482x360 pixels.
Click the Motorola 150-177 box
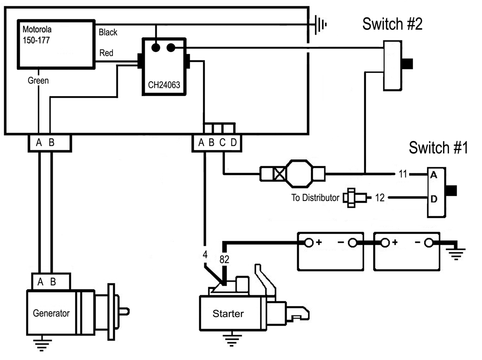point(56,44)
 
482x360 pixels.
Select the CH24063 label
point(163,85)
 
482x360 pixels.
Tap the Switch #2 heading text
point(392,24)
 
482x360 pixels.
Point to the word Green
point(38,80)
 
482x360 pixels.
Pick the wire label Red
point(106,53)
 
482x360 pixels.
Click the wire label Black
point(108,33)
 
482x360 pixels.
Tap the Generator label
point(51,313)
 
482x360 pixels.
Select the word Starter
point(228,314)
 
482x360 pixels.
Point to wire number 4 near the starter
point(205,254)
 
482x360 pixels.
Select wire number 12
point(380,198)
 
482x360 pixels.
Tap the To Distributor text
point(315,198)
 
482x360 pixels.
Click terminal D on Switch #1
point(433,199)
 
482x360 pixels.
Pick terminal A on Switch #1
point(433,175)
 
